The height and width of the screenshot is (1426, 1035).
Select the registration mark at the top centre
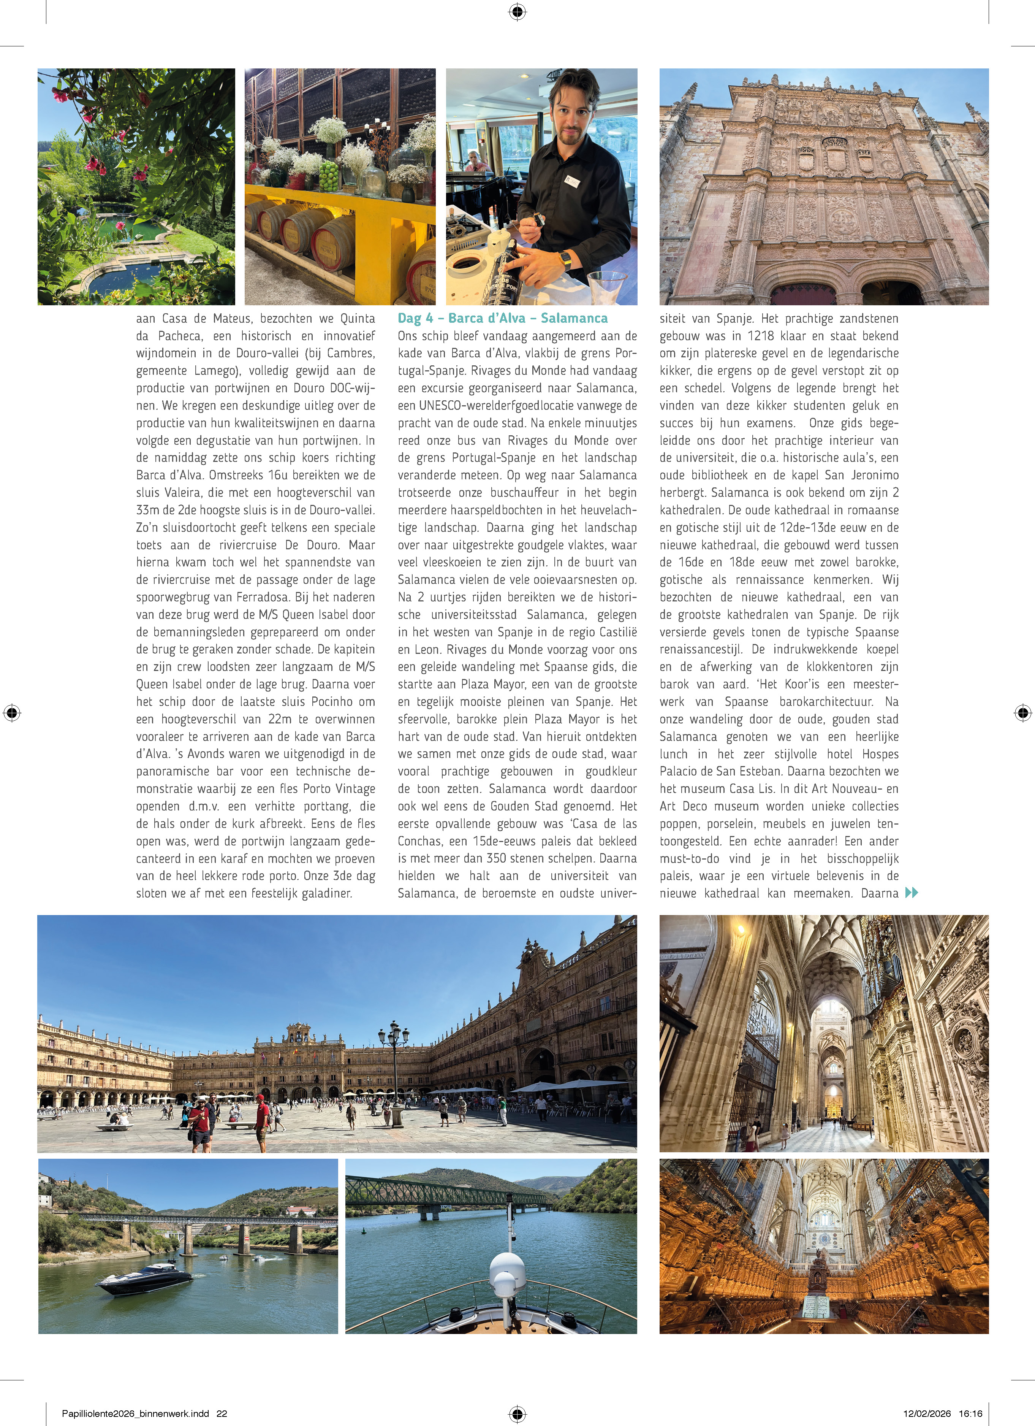click(517, 12)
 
